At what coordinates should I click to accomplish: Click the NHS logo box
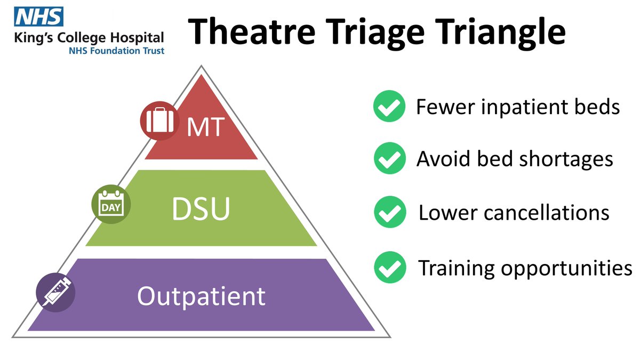(x=39, y=17)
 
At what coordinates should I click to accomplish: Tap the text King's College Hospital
(x=90, y=38)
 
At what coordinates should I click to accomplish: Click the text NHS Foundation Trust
(x=116, y=51)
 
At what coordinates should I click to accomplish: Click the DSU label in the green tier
(x=201, y=210)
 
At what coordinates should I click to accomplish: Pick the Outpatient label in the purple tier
(x=201, y=295)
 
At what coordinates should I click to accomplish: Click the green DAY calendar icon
(x=111, y=205)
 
